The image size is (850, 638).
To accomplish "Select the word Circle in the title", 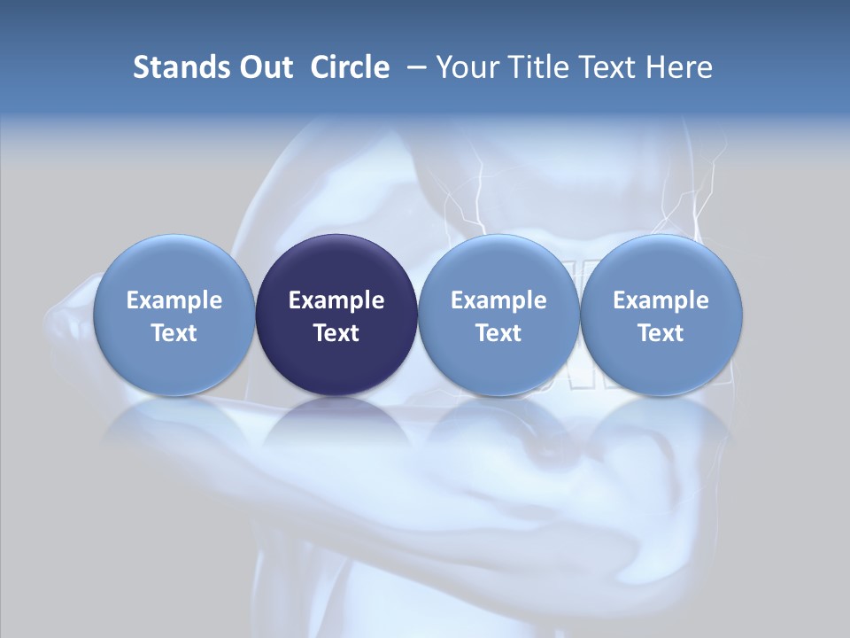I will (x=350, y=67).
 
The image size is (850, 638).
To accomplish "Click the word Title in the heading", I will (x=539, y=67).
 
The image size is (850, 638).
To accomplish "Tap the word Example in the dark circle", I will (x=336, y=300).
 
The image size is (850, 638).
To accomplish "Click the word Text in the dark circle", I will (x=336, y=333).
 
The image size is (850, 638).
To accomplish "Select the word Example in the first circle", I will (x=174, y=300).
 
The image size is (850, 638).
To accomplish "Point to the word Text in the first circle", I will (x=174, y=333).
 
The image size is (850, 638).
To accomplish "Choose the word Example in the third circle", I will (x=498, y=300).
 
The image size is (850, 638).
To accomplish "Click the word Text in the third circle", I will (x=498, y=333).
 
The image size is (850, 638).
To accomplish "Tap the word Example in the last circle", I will (x=661, y=300).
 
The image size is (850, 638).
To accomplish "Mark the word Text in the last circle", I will (x=661, y=333).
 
